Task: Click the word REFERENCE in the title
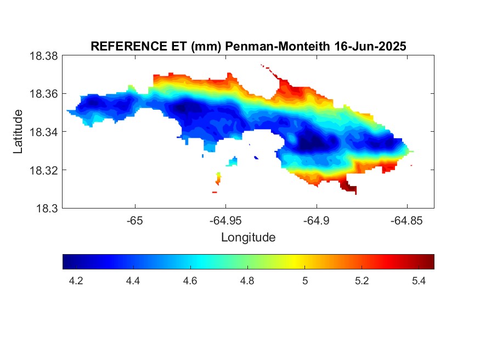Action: [129, 46]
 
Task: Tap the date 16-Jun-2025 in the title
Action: [370, 46]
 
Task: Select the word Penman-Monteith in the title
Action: [278, 46]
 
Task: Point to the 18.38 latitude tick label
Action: [43, 56]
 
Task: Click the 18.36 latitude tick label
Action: [43, 94]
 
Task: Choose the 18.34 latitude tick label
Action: [43, 132]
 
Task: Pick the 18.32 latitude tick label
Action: [43, 170]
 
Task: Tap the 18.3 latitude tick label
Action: [47, 209]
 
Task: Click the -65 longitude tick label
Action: [135, 221]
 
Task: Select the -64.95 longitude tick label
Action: [225, 221]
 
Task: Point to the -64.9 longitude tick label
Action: [316, 221]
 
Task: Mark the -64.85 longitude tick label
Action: [406, 221]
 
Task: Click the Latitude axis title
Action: [18, 132]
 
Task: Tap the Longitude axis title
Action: [249, 238]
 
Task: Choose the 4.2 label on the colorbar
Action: [76, 281]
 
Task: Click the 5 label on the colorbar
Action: [305, 281]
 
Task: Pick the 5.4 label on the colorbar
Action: [419, 281]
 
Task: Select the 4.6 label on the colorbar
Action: [190, 281]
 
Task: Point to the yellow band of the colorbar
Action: [293, 262]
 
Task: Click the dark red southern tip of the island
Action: [348, 186]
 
